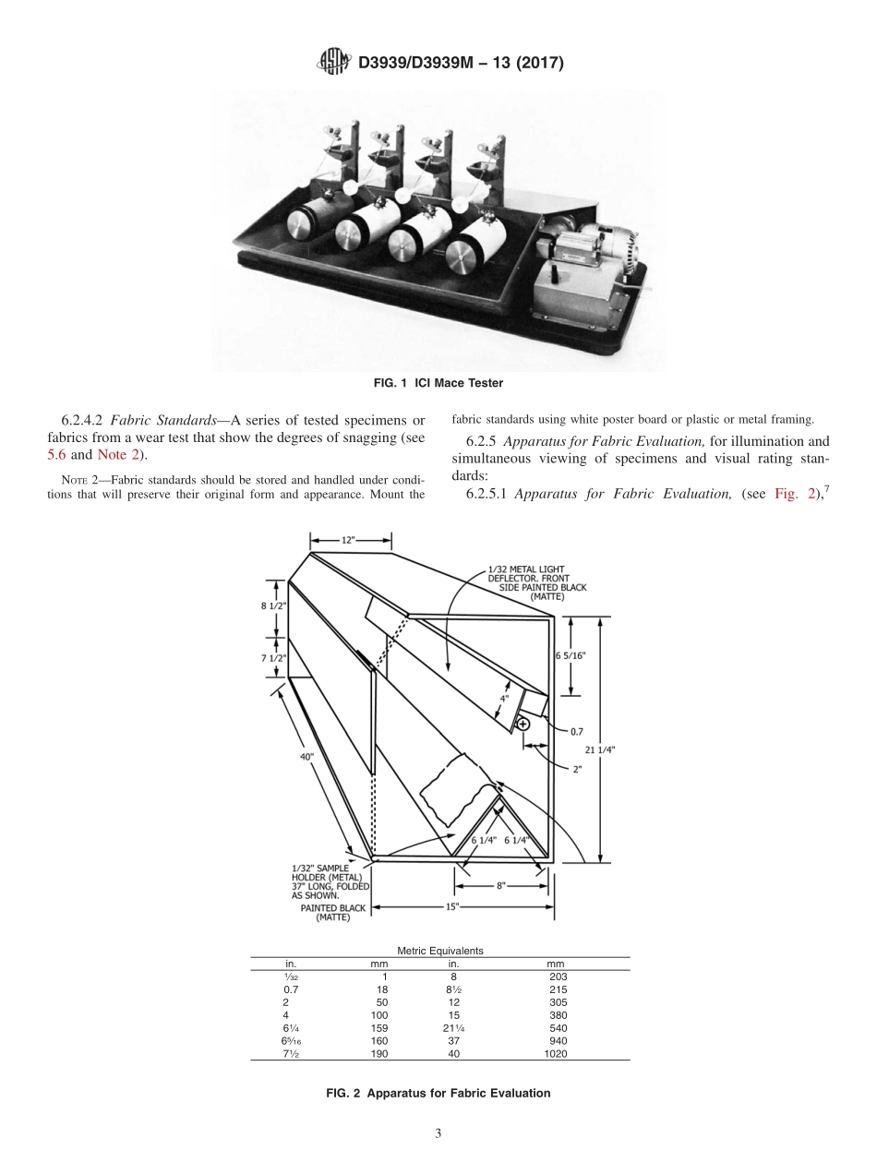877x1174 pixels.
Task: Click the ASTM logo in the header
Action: coord(332,63)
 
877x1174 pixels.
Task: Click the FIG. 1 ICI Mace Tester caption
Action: coord(438,382)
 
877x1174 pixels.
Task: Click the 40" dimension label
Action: coord(306,756)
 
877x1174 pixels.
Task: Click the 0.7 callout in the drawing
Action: coord(576,731)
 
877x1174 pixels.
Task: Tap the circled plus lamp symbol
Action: coord(523,725)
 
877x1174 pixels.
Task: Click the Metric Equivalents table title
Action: coord(440,950)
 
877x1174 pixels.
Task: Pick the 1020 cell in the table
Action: coord(557,1053)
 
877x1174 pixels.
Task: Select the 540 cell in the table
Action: coord(557,1027)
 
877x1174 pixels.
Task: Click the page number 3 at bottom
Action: coord(438,1133)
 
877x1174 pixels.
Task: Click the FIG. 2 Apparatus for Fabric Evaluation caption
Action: coord(438,1093)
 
